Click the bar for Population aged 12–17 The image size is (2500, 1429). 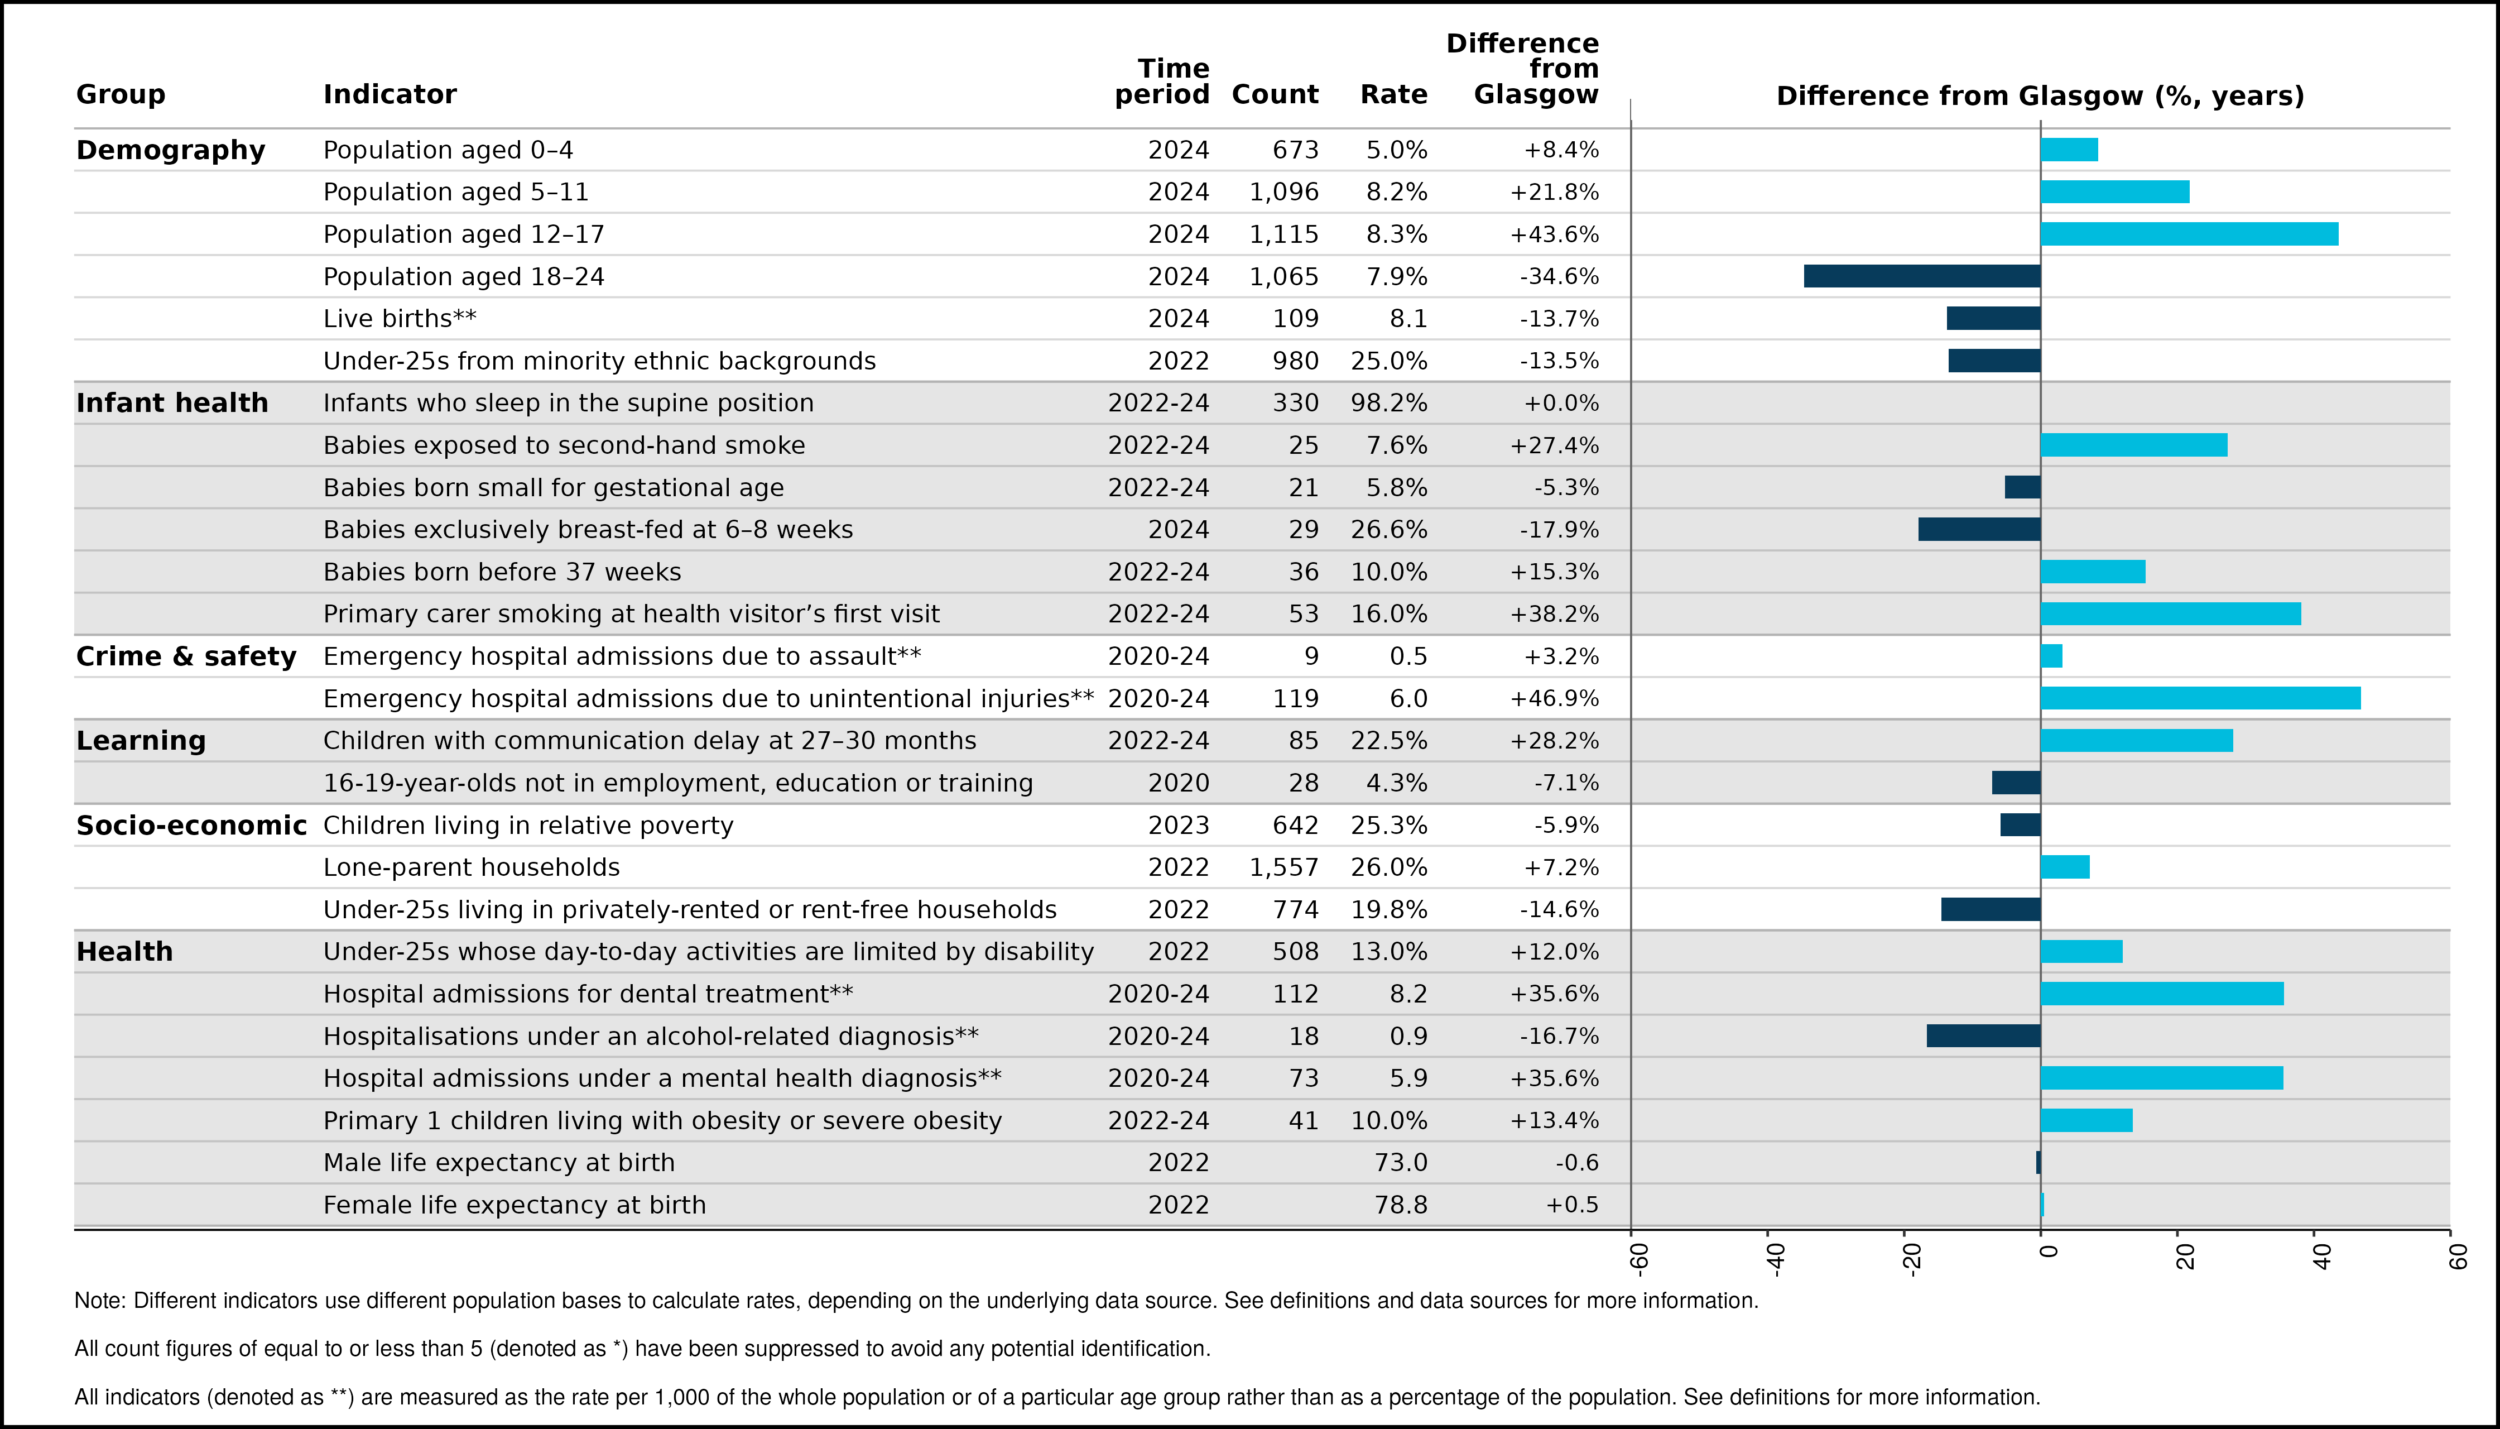[x=2189, y=233]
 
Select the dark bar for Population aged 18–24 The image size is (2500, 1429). [x=1922, y=276]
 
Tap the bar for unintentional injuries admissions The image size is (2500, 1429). [x=2201, y=698]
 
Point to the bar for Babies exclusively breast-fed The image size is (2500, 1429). [x=1979, y=529]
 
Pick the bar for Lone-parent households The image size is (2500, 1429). [x=2065, y=867]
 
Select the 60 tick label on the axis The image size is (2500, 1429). [x=2457, y=1257]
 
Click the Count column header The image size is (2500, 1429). [x=1275, y=94]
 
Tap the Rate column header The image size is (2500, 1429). [x=1393, y=94]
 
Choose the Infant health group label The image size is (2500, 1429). [x=172, y=402]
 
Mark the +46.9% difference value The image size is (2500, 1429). [x=1554, y=698]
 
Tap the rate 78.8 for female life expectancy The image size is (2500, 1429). [x=1401, y=1204]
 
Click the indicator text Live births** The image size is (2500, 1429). [x=400, y=318]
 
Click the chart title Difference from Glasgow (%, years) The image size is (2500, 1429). [x=2040, y=95]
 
